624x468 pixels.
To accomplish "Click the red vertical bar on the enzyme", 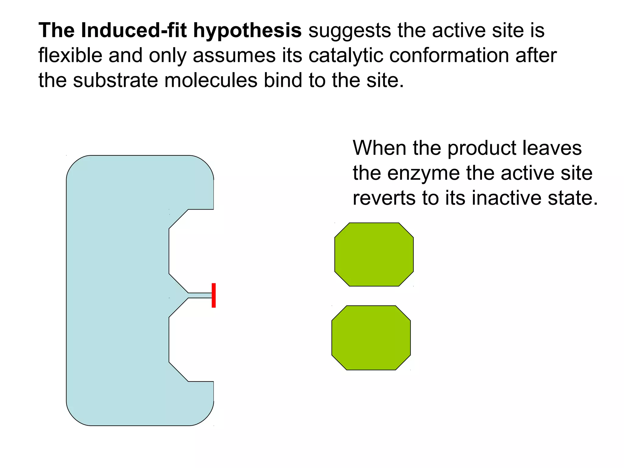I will coord(214,295).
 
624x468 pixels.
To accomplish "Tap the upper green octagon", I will coord(374,254).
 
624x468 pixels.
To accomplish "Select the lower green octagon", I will coord(371,338).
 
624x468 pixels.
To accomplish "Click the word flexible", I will coord(70,55).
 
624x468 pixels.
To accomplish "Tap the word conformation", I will coord(449,55).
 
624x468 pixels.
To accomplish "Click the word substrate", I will coord(115,80).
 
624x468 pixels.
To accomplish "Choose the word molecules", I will coord(211,80).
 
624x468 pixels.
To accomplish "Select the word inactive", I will coord(506,198).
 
